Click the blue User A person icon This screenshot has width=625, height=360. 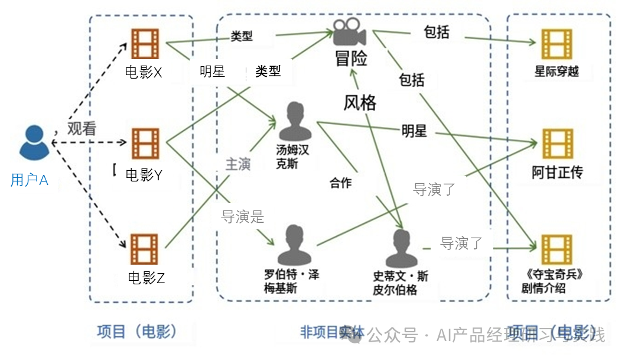pos(33,142)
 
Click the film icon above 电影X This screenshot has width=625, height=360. pos(145,44)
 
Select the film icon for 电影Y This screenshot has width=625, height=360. pos(145,144)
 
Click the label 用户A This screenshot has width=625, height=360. pos(29,180)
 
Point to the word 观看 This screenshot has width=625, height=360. pos(82,129)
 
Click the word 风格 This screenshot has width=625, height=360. pos(360,103)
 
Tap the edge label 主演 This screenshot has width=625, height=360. pos(238,164)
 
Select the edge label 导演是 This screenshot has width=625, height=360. pos(242,216)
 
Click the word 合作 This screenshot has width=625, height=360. pos(341,183)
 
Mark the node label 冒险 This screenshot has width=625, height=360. pos(351,59)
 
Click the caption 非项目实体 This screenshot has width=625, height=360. pos(332,332)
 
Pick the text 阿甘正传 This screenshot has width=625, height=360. pos(557,173)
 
